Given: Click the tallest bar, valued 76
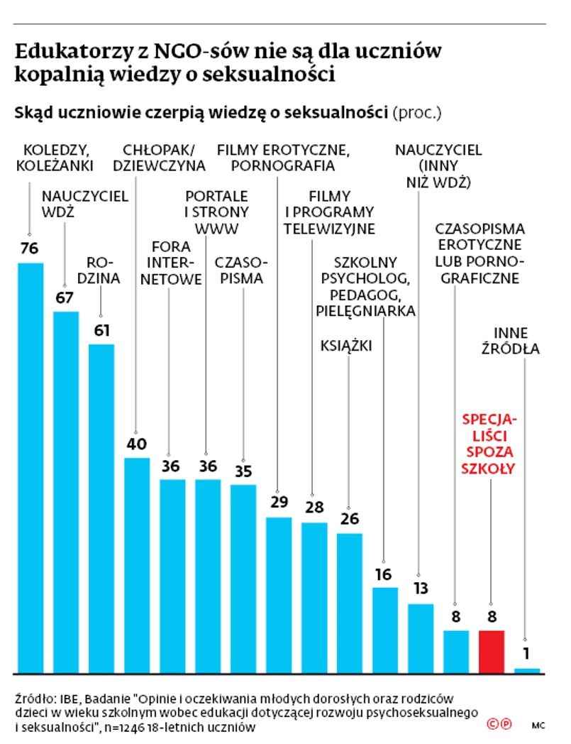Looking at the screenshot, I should coord(31,467).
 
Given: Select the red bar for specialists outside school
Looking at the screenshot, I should coord(491,651).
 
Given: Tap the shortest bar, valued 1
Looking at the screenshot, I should coord(526,670).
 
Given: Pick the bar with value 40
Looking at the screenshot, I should coord(137,564).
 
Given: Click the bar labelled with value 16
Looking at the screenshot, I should coord(384,630).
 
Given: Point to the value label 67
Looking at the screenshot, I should coord(65,297).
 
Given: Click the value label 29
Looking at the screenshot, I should coord(278,503).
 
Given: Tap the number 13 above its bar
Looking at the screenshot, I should coord(420,589).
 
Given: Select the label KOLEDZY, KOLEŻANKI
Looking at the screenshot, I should coord(56,158).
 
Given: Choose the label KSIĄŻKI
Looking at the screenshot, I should coord(347,346).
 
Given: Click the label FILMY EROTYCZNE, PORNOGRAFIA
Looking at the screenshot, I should coord(283,158).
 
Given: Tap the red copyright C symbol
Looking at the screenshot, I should coord(492,724).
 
